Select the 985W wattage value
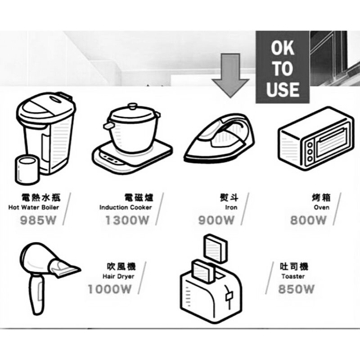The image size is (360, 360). click(40, 220)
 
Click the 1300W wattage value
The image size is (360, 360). click(127, 220)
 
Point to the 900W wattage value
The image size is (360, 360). click(216, 220)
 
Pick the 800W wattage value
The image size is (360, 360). click(308, 220)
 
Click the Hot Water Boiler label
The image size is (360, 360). click(34, 207)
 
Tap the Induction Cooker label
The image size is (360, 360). click(126, 207)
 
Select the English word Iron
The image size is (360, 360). click(231, 207)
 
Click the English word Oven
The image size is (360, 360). click(321, 207)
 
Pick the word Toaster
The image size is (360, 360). click(293, 276)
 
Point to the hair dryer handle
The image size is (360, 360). click(36, 295)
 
